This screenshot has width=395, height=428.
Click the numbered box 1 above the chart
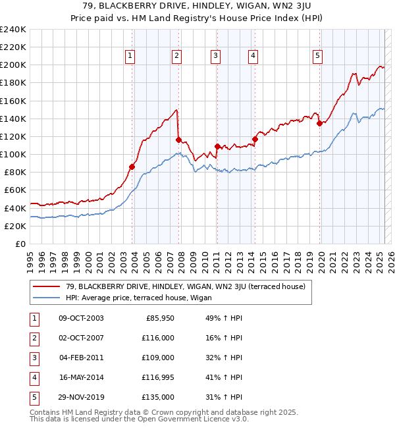point(130,57)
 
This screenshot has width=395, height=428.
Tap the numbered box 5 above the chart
point(317,57)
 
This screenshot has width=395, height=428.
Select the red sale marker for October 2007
point(178,140)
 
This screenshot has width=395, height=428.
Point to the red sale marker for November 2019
point(319,122)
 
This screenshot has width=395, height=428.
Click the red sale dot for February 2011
point(217,146)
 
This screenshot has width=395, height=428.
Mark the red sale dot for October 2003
point(132,167)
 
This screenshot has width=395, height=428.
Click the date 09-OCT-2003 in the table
point(81,318)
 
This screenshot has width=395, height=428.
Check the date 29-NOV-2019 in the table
point(81,397)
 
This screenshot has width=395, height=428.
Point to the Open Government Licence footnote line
point(140,419)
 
